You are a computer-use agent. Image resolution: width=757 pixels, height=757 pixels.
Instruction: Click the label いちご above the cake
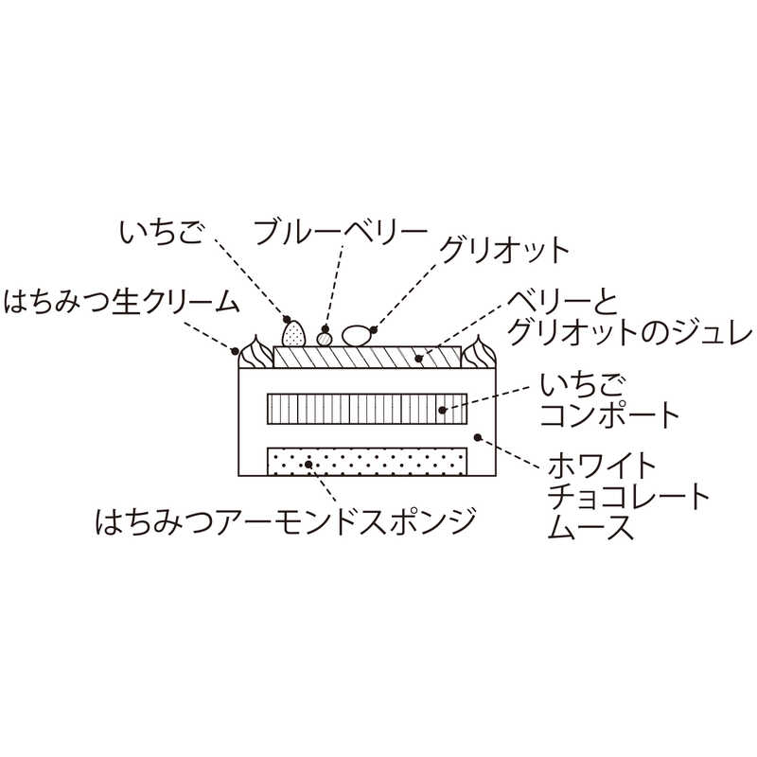[x=162, y=233]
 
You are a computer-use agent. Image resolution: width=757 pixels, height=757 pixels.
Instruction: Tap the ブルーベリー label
[x=342, y=233]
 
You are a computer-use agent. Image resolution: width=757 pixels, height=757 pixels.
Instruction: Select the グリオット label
[x=504, y=250]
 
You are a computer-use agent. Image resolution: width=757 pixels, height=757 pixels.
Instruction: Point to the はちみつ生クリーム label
[x=121, y=303]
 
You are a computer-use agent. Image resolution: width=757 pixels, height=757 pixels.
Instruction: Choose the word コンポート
[x=609, y=414]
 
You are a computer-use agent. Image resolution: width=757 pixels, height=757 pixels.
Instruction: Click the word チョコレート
[x=628, y=497]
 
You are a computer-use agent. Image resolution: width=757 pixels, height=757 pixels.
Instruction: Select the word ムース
[x=590, y=527]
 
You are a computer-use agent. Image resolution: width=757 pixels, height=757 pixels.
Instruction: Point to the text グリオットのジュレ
[x=629, y=334]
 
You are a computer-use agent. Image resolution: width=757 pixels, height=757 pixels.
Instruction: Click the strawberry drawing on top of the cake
[x=294, y=333]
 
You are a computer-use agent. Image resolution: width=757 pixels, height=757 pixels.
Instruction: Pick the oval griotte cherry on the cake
[x=357, y=336]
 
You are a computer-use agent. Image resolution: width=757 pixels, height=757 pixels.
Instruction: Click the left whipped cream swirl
[x=255, y=351]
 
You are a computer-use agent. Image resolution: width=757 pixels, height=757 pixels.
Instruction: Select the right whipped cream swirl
[x=479, y=351]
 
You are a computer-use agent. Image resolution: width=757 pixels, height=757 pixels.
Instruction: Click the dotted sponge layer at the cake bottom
[x=367, y=462]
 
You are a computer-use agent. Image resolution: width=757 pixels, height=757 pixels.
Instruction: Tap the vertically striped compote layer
[x=367, y=409]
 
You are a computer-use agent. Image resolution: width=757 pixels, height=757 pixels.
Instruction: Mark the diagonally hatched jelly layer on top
[x=367, y=358]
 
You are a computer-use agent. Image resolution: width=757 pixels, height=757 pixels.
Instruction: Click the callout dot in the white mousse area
[x=478, y=437]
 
